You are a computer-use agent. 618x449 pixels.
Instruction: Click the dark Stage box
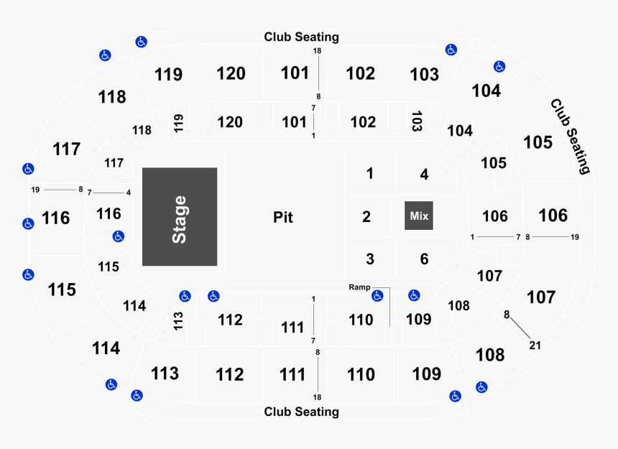point(180,217)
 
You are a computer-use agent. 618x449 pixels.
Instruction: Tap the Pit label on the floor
point(283,217)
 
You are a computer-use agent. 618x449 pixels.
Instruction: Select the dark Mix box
point(418,216)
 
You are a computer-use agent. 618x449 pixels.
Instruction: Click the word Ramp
point(359,287)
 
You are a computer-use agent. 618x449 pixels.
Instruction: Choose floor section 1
point(369,173)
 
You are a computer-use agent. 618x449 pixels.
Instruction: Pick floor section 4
point(424,174)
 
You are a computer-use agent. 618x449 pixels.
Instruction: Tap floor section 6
point(424,259)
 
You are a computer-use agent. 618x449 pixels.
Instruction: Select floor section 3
point(369,259)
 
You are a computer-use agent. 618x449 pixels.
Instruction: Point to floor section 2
point(366,217)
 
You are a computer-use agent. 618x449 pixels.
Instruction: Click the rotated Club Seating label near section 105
point(571,136)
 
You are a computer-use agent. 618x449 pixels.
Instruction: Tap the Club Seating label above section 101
point(302,37)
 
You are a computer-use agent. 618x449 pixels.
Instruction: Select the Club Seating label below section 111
point(302,412)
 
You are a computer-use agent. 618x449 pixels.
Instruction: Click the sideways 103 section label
point(417,121)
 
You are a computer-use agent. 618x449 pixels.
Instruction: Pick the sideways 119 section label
point(178,123)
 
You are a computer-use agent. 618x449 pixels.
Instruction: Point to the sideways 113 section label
point(178,321)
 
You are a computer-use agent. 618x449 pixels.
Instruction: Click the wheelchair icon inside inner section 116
point(119,236)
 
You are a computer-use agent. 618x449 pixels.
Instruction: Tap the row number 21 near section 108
point(535,346)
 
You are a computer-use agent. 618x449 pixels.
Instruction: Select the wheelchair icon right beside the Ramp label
point(377,296)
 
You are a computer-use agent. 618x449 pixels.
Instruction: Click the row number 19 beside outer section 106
point(575,237)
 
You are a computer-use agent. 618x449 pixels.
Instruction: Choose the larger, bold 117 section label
point(67,149)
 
